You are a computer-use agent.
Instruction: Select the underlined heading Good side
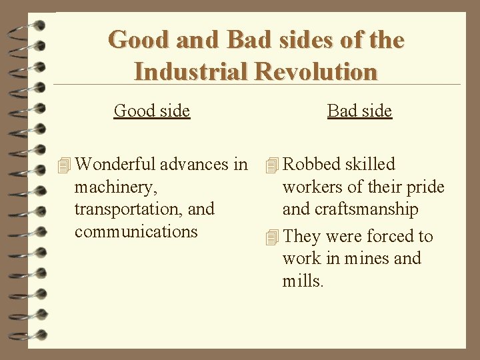coord(152,110)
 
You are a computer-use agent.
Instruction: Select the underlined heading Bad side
coord(359,110)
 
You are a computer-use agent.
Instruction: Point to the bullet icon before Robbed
coord(271,165)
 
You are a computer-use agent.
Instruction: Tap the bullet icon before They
coord(271,237)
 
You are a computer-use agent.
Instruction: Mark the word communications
coord(136,231)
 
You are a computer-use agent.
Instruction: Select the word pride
coord(426,187)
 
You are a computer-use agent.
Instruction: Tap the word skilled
coord(370,164)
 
